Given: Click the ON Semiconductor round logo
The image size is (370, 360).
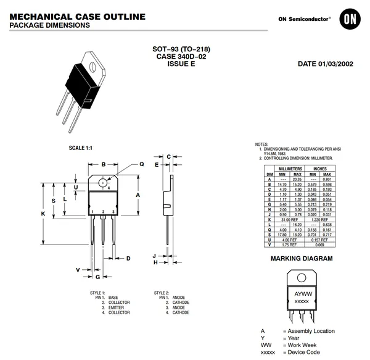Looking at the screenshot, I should pos(350,20).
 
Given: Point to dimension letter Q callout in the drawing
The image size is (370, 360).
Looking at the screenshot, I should pos(141,164).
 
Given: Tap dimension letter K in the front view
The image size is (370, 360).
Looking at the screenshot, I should pos(43,213).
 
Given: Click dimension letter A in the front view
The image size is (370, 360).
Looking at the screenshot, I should pos(138,194).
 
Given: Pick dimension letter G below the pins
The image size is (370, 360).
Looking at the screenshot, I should pos(104,278).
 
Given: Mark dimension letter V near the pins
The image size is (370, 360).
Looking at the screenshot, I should pos(78,270).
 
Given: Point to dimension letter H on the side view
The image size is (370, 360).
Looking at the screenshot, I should pos(157,262).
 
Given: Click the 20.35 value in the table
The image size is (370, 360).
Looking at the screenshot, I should pos(297,180).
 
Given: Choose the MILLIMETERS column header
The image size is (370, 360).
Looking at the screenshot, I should pos(290,169).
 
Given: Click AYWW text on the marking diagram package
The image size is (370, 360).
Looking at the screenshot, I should pos(303,293).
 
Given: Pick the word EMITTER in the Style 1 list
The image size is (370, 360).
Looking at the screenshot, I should pos(118,308).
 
